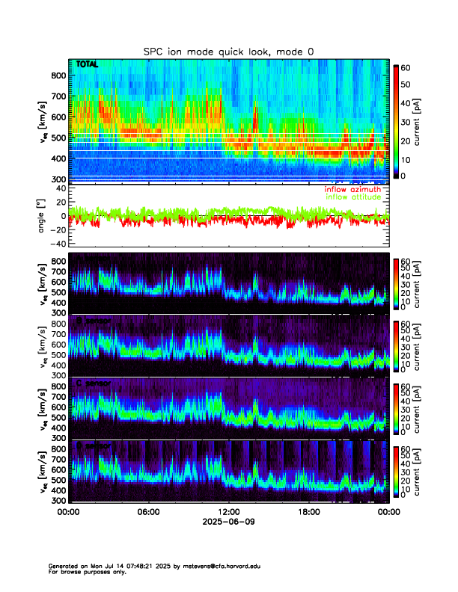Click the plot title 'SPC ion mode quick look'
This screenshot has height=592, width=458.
229,51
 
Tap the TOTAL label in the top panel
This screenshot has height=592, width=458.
88,65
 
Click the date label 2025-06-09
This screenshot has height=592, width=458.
229,523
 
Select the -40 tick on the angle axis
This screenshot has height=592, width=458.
56,244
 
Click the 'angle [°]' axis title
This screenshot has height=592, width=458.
43,217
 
